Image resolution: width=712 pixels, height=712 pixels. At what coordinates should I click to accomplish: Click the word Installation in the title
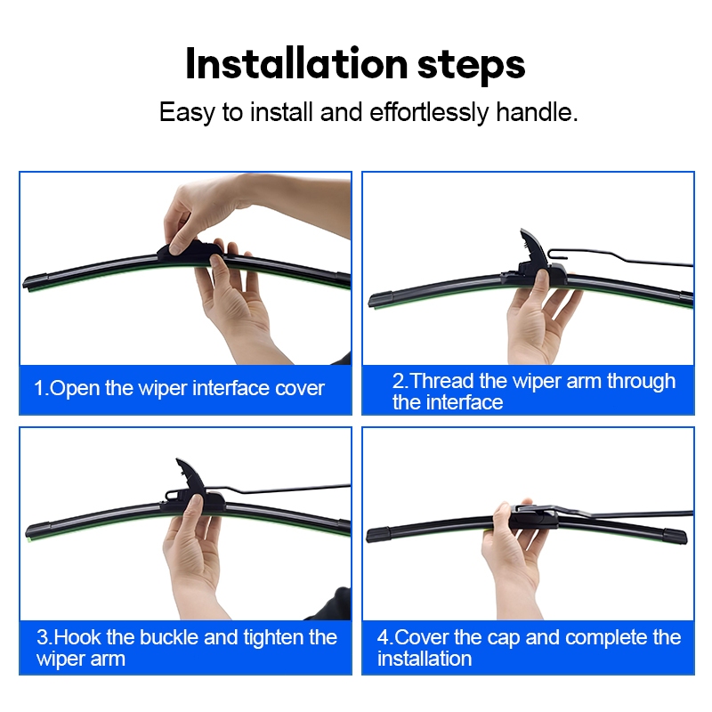click(297, 64)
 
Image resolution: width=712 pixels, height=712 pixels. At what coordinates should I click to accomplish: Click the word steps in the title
click(472, 66)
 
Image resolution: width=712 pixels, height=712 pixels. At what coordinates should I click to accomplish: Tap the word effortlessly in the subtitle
click(429, 112)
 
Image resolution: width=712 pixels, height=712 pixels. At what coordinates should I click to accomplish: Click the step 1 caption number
click(41, 388)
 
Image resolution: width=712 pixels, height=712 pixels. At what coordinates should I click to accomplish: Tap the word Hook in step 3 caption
click(77, 637)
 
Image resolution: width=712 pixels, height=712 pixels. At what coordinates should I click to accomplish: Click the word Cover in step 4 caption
click(421, 637)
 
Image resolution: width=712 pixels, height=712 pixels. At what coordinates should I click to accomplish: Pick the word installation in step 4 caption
click(425, 659)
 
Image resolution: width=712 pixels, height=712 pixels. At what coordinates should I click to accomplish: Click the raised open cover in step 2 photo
click(534, 247)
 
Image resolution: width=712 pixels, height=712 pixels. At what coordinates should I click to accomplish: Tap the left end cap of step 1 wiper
click(36, 281)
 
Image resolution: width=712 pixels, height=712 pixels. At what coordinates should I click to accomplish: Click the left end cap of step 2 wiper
click(381, 300)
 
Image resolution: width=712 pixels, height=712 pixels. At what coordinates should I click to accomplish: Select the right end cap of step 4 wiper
click(676, 536)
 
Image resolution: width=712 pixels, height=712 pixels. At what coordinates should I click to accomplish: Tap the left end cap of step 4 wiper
click(378, 534)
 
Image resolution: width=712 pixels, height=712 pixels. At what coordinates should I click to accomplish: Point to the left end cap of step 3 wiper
click(38, 530)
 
